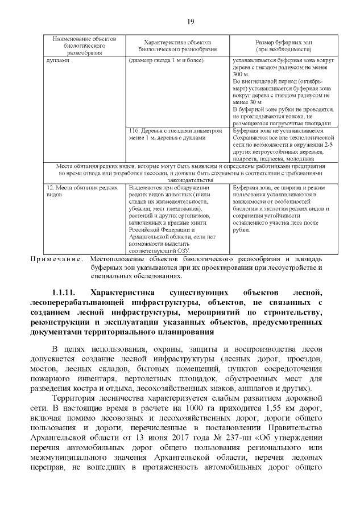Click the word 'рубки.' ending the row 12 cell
242,230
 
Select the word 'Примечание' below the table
57,259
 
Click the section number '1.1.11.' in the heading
68,292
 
